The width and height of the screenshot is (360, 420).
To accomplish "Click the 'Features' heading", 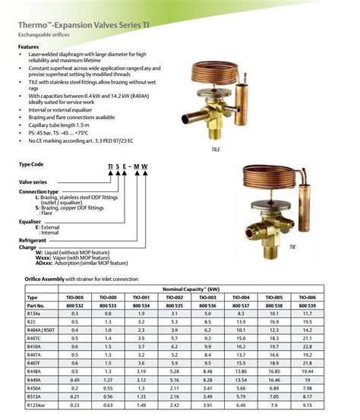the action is pos(29,47).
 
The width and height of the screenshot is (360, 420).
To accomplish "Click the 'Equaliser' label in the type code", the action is pos(33,223).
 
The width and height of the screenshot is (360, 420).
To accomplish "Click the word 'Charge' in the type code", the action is pos(27,248).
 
